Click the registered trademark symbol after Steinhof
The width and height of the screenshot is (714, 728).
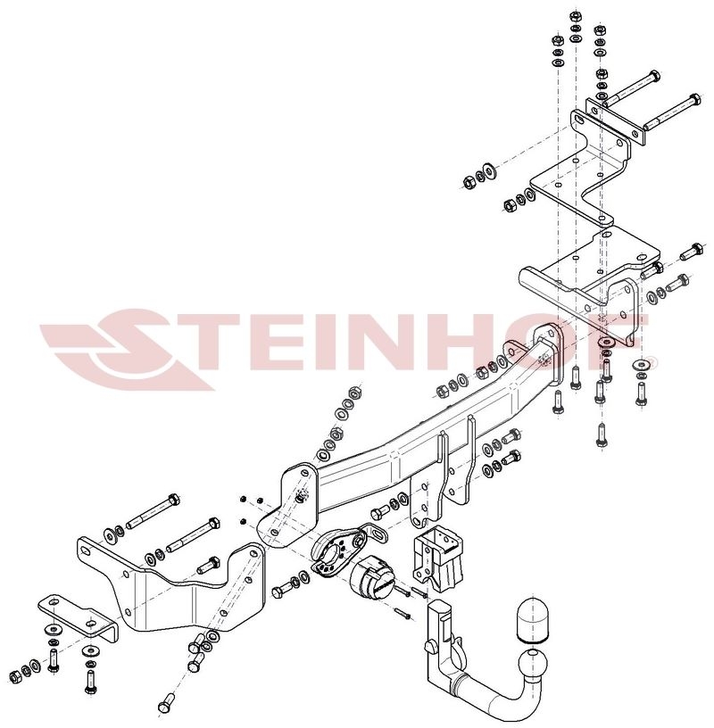point(652,361)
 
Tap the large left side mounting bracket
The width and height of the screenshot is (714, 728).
point(172,585)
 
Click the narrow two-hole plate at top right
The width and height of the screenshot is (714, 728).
point(615,121)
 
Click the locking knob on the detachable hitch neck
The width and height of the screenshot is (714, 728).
point(430,646)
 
